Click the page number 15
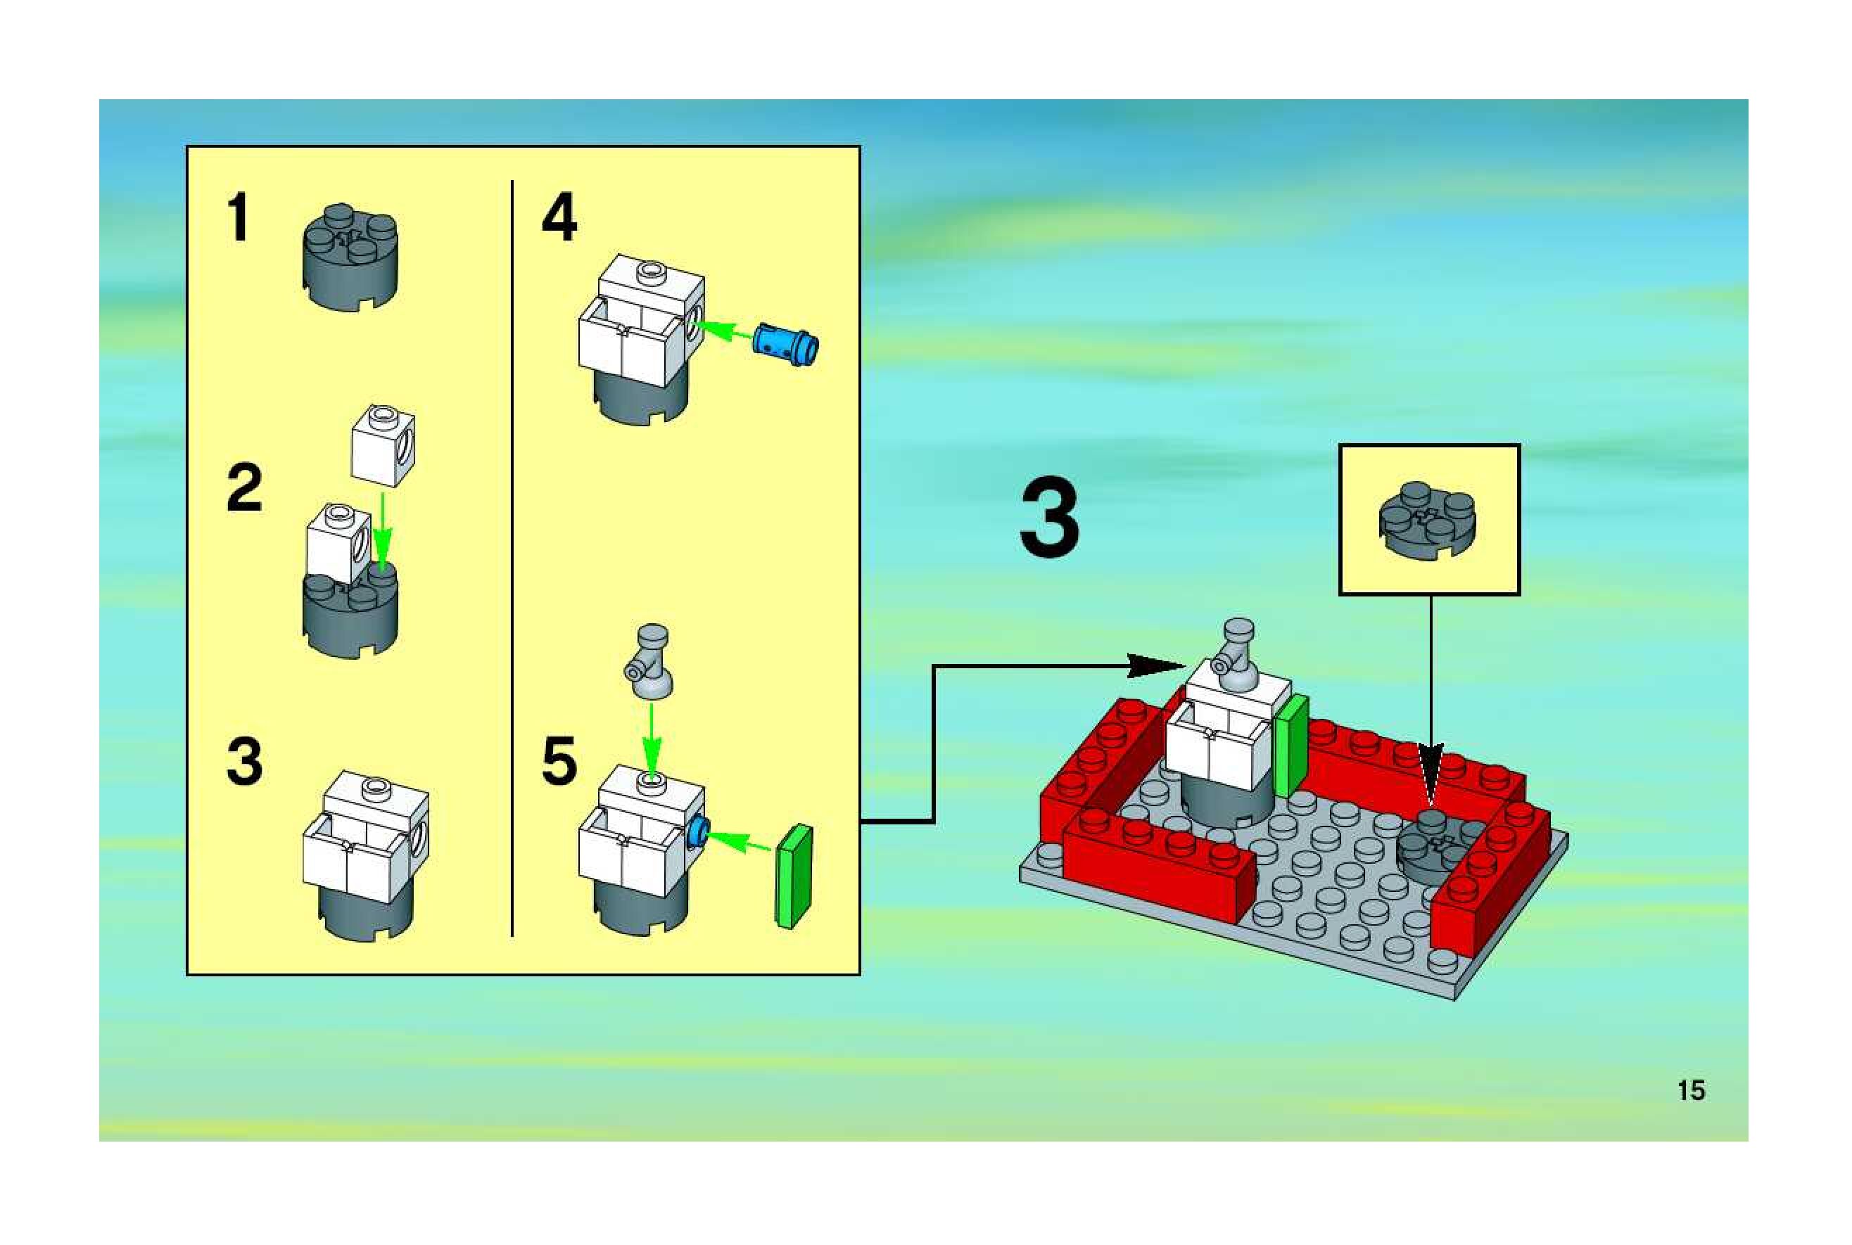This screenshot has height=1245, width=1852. pos(1691,1090)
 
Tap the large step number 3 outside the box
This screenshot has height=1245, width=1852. pos(1049,518)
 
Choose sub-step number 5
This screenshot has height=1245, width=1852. pos(559,760)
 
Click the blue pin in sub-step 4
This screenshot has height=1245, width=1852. pos(785,343)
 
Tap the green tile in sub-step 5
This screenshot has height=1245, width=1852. pos(794,876)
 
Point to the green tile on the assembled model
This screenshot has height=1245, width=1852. pos(1291,744)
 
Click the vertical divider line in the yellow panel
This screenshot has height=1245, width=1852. pos(512,556)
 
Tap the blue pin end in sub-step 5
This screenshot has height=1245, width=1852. pos(698,833)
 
